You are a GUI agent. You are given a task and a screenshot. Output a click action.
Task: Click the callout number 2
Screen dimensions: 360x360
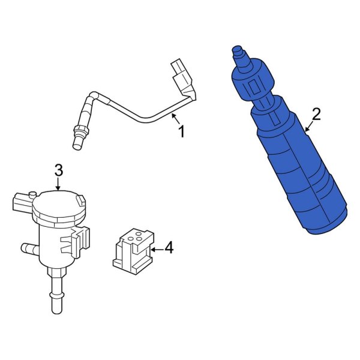tap(316, 114)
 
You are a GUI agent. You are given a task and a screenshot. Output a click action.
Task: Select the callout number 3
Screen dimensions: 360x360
tap(59, 170)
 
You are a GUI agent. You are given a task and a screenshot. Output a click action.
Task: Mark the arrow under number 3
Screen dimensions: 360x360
tap(59, 185)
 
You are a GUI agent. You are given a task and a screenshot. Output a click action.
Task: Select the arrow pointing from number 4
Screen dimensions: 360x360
tap(155, 247)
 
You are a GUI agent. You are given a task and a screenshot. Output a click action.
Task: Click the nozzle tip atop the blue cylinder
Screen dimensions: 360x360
tap(238, 52)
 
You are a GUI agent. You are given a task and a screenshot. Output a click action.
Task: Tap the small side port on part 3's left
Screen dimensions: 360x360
tap(27, 247)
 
